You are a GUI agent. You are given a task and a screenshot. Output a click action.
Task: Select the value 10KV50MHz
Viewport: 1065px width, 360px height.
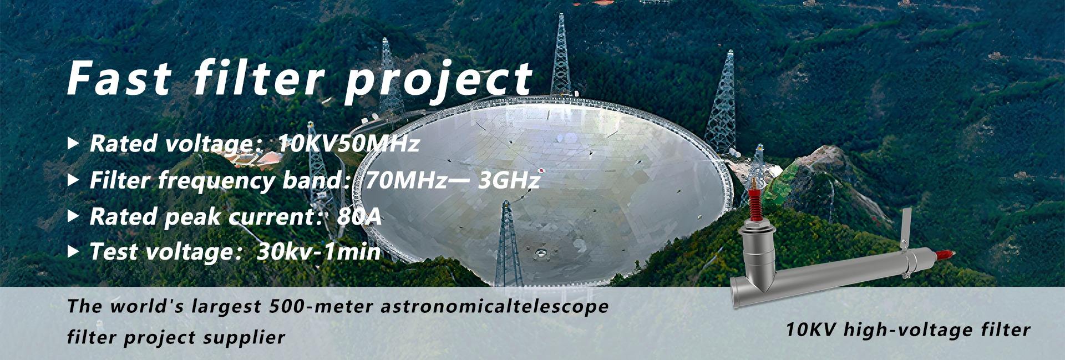pos(349,144)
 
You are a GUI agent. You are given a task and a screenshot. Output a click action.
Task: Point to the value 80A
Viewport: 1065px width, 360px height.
pos(359,216)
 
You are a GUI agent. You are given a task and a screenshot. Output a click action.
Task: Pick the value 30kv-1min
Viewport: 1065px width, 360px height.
pos(319,252)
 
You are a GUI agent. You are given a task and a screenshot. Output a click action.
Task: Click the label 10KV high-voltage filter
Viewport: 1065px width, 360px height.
pos(907,330)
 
